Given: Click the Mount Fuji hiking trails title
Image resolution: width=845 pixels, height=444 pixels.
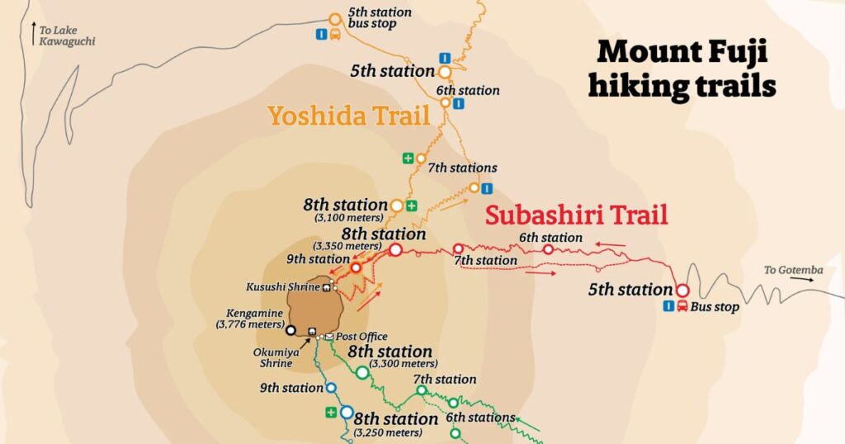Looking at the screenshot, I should coord(682,68).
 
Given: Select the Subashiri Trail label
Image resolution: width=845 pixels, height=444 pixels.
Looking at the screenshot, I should coord(576,215).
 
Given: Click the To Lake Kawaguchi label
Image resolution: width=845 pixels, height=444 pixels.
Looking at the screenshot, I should coord(61,35).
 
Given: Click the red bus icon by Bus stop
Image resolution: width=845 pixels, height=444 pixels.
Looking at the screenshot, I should coord(682,307).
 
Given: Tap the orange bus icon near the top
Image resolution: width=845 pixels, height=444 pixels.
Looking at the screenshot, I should coord(336,35).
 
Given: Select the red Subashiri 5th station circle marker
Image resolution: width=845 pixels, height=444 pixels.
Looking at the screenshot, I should coord(682,290).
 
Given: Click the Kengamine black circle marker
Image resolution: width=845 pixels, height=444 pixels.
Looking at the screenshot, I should coord(290,331).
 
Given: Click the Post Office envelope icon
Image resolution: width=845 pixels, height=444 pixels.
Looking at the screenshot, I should coord(328,337).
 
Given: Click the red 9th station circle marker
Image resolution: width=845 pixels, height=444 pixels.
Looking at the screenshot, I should coord(356,267).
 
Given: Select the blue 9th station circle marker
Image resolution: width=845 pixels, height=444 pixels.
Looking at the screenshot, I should coord(330,387).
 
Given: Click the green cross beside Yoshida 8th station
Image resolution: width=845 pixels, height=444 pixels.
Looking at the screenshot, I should coord(411,205).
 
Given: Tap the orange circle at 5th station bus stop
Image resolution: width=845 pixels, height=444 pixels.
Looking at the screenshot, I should coord(335,19).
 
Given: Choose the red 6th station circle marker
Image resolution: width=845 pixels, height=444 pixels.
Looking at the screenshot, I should coord(548,248).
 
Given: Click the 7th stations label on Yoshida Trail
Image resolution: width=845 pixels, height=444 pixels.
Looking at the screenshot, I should coord(462,168).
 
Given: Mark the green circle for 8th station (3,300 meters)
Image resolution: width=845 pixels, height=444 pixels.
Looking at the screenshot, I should coord(361,372).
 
